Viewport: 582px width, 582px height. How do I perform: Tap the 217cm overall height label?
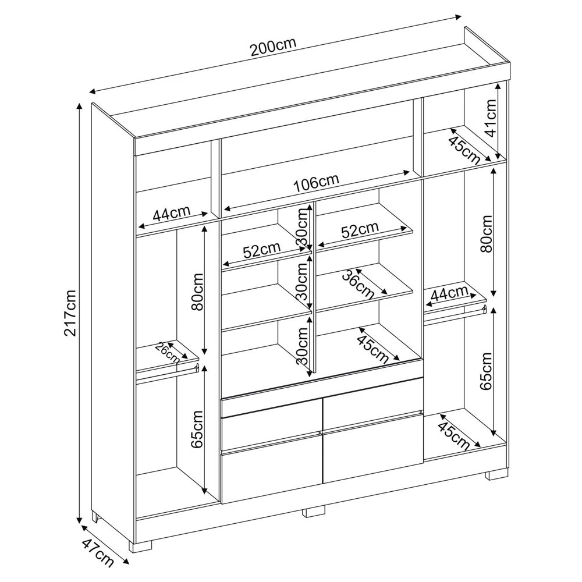pos(70,313)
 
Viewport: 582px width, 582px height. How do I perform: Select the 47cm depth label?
pos(97,553)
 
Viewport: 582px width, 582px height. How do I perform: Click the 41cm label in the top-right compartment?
pos(490,118)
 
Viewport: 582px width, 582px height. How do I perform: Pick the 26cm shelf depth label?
pos(167,352)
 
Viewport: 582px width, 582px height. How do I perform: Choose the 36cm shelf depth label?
pos(357,285)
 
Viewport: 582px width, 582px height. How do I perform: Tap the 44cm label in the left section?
pos(172,214)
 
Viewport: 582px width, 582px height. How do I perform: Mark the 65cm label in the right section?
pos(486,370)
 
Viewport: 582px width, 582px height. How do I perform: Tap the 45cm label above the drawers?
pos(372,347)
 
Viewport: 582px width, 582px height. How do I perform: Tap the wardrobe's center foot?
pos(314,512)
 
